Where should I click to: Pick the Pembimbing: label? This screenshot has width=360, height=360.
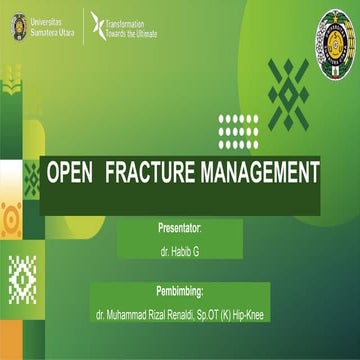pos(180,293)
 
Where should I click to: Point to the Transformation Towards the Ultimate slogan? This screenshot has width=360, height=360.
pos(134,25)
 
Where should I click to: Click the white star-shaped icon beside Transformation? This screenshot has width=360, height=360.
pos(97,25)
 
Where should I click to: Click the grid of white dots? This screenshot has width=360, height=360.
pos(238,131)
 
